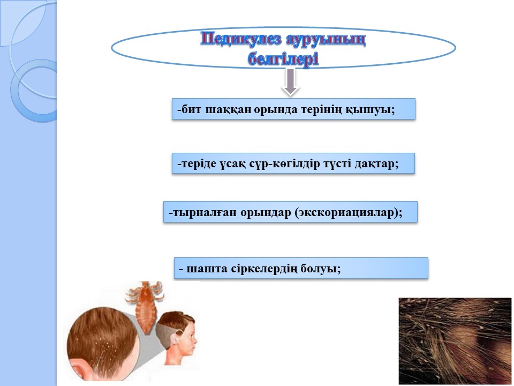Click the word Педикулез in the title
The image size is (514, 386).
tap(241, 40)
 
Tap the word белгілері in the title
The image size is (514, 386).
tap(283, 60)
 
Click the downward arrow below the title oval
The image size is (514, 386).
tap(290, 83)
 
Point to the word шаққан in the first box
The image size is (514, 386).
tap(229, 109)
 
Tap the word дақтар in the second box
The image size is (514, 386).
tap(376, 164)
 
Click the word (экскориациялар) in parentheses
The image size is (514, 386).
tap(348, 213)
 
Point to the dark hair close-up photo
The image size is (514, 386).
tap(455, 341)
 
